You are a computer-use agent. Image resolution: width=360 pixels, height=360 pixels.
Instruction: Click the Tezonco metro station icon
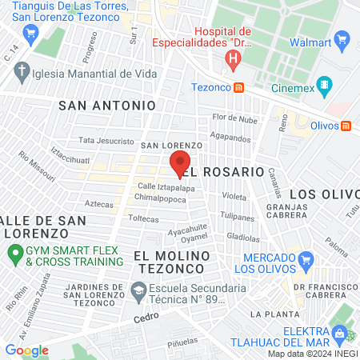coord(238,88)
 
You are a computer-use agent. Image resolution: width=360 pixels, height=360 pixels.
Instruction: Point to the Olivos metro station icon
coord(346,125)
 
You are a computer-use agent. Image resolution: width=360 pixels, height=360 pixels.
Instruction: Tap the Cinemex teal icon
coord(324,84)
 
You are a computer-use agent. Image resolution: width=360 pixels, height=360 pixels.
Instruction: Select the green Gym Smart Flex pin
coord(14,255)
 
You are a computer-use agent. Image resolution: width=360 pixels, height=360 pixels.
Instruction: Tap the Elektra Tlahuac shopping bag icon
coord(339,332)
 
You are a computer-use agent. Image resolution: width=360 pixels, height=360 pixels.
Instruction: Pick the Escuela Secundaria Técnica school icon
coord(138,290)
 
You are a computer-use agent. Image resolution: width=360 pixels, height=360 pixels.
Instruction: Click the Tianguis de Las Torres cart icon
coord(31,33)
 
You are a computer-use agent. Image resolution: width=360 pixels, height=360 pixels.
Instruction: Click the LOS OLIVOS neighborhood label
coord(325,194)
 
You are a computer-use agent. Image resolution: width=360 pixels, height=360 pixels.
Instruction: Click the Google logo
coord(27,350)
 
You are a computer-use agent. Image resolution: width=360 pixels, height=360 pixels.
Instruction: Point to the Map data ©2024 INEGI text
coord(312,354)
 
